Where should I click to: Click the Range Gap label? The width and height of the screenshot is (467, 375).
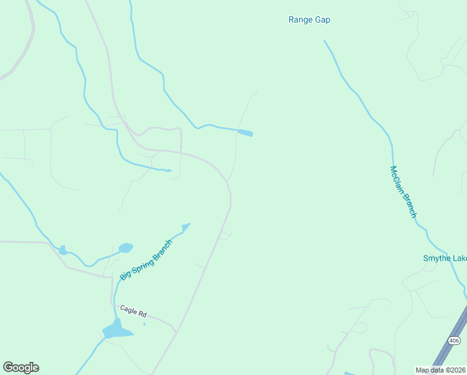pyautogui.click(x=309, y=20)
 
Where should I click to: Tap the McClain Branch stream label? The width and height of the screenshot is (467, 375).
pyautogui.click(x=403, y=192)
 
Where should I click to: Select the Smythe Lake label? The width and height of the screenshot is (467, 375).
pyautogui.click(x=445, y=259)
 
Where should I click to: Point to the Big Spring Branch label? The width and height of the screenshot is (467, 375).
pyautogui.click(x=145, y=259)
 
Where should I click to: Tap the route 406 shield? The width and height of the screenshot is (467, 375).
pyautogui.click(x=454, y=341)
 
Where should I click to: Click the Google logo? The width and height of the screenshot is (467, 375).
pyautogui.click(x=21, y=367)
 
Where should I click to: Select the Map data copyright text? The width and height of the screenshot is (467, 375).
pyautogui.click(x=440, y=369)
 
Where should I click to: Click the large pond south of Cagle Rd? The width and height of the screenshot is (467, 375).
pyautogui.click(x=116, y=329)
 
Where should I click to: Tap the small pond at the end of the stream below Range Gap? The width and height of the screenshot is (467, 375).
pyautogui.click(x=246, y=132)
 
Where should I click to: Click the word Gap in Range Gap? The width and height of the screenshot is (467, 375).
pyautogui.click(x=322, y=20)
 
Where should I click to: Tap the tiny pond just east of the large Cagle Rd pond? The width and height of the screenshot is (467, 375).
pyautogui.click(x=144, y=324)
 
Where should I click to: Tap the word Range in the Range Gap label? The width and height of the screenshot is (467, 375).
pyautogui.click(x=300, y=20)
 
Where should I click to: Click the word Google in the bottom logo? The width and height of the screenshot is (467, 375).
pyautogui.click(x=21, y=367)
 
